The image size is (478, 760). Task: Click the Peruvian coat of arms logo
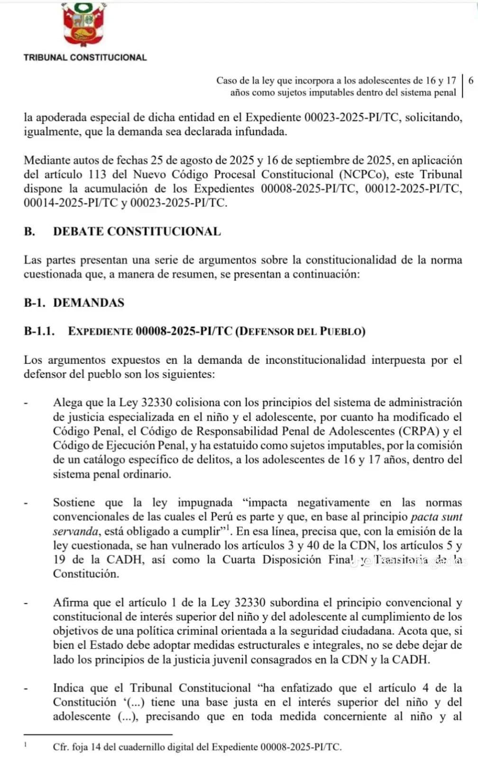coord(84,24)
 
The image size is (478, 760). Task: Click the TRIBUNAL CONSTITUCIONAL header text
coord(85,57)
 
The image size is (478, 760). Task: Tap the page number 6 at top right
coord(470,80)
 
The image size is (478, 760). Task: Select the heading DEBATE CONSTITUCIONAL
coord(137,232)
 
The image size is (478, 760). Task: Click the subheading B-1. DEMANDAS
coord(74,303)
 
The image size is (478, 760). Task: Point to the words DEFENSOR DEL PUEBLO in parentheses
coord(301,332)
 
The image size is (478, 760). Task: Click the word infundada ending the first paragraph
coord(261,132)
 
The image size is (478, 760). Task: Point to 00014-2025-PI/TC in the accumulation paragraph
coord(71,203)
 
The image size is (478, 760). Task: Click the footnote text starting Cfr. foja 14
coord(197,747)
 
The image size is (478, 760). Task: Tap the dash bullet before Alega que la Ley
coord(27,403)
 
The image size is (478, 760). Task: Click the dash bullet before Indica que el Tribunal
coord(27,689)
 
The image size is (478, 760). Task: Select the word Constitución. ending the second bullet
coord(86,574)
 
